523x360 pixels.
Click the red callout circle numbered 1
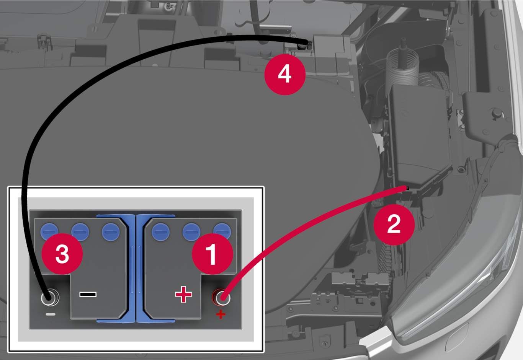[212, 254]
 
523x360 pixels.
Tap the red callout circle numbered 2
[394, 225]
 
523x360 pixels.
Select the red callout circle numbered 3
[62, 254]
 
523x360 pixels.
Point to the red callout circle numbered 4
[285, 75]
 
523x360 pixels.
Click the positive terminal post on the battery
[221, 297]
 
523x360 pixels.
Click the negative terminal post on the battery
[50, 297]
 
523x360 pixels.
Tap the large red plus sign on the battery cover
[183, 295]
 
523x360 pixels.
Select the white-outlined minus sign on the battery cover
[88, 295]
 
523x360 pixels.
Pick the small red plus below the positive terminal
[221, 314]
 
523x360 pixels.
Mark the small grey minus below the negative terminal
[51, 314]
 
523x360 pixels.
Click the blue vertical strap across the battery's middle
[136, 268]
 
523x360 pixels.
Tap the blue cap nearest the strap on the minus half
[111, 232]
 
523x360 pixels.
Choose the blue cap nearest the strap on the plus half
[161, 232]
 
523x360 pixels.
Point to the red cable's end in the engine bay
[406, 187]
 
